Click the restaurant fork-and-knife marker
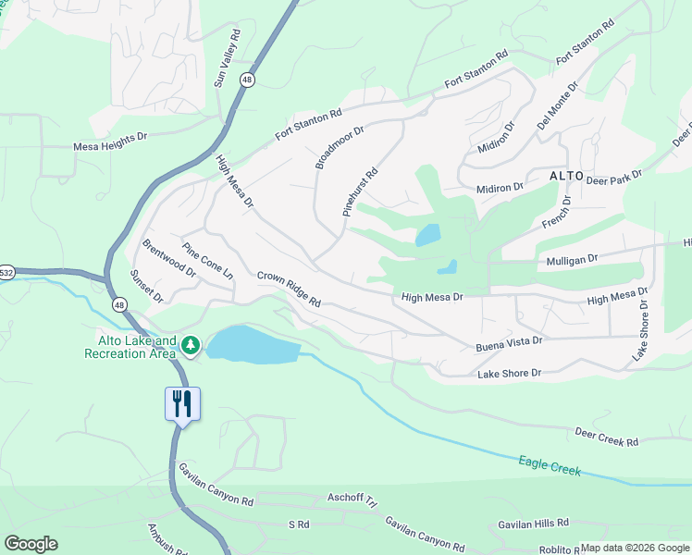[x=182, y=403]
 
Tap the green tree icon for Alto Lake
[x=191, y=345]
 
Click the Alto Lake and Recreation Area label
[x=130, y=346]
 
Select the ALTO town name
[x=566, y=176]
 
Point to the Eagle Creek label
[x=550, y=464]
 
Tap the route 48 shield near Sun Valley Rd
[x=246, y=80]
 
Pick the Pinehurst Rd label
[x=361, y=191]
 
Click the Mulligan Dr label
[x=574, y=261]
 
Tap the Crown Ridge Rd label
[x=289, y=289]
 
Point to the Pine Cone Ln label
[x=207, y=262]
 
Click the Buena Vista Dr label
[x=509, y=343]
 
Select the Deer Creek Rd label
[x=606, y=437]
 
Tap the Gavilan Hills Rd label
[x=532, y=523]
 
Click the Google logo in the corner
[x=31, y=544]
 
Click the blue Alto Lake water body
[x=252, y=345]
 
